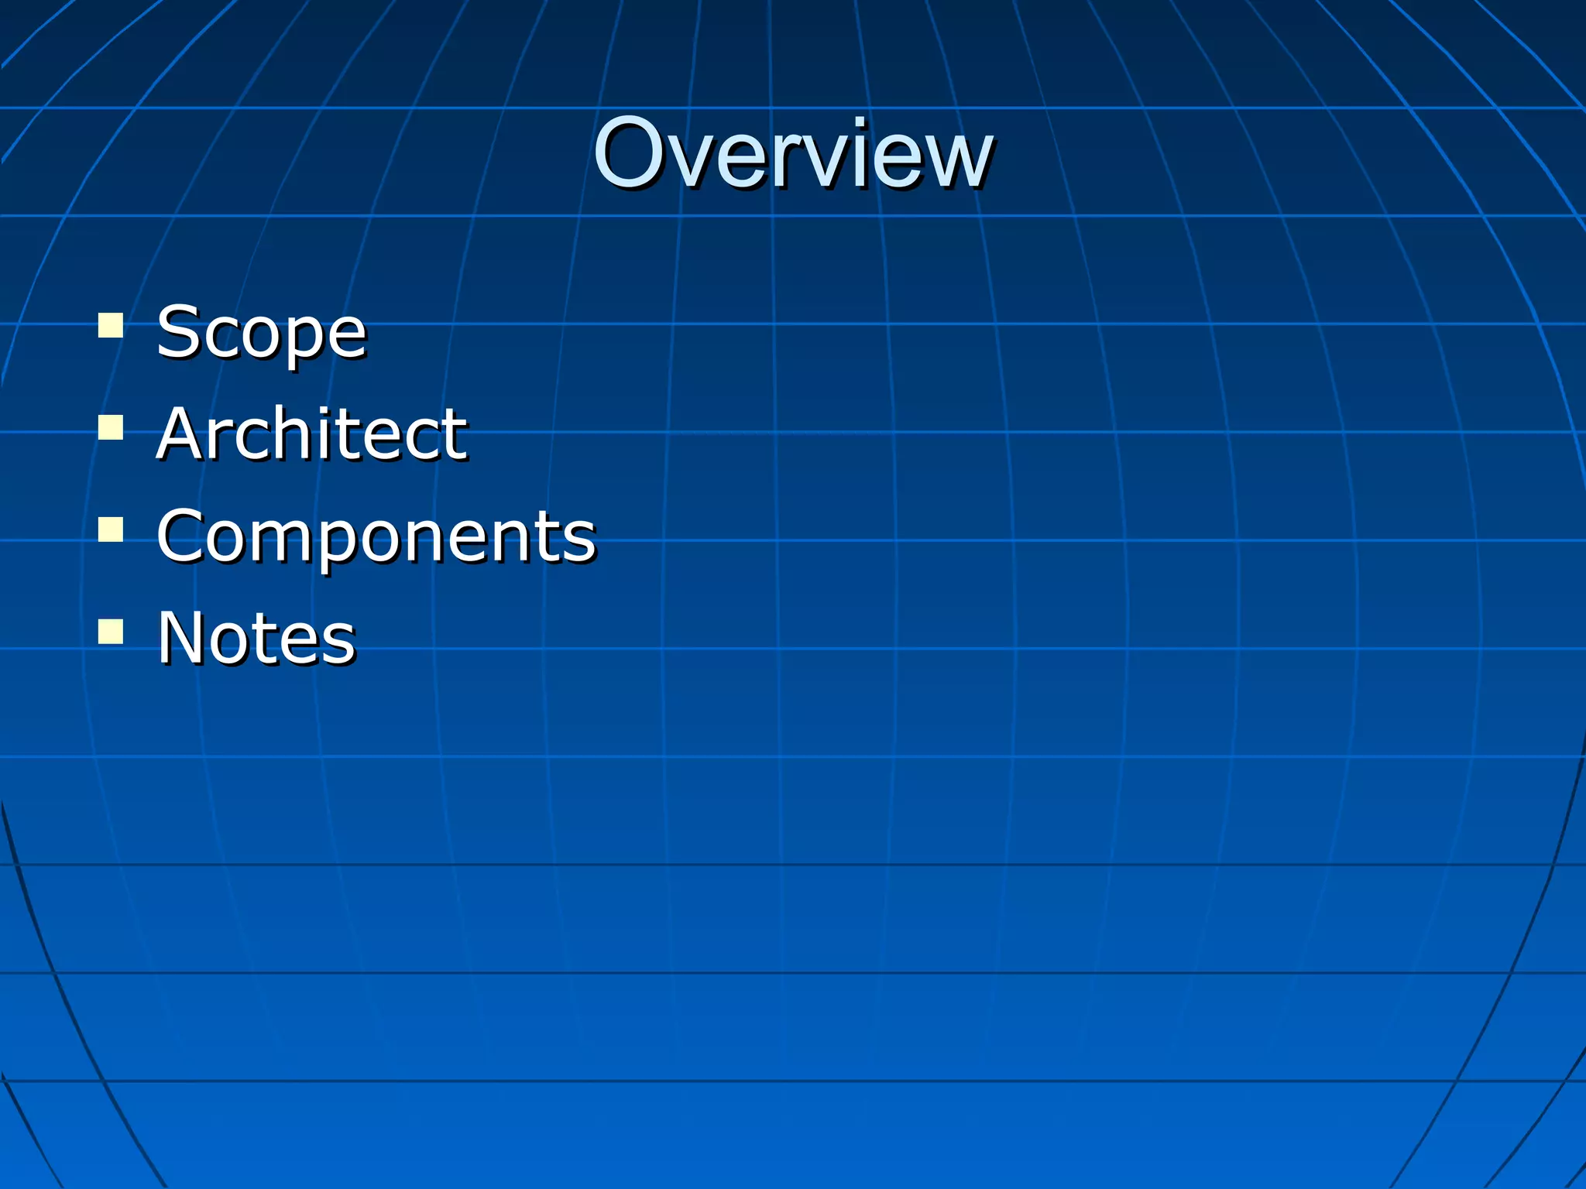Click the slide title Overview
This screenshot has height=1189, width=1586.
[793, 153]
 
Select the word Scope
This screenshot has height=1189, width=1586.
[261, 333]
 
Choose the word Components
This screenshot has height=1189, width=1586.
[376, 536]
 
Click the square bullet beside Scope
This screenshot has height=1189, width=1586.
[111, 325]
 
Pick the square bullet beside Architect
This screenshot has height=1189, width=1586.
[111, 427]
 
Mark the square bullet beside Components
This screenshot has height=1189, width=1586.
[111, 529]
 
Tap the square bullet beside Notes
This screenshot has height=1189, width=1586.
[111, 631]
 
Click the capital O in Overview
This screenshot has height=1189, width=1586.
[630, 153]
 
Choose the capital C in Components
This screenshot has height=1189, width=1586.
[182, 536]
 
